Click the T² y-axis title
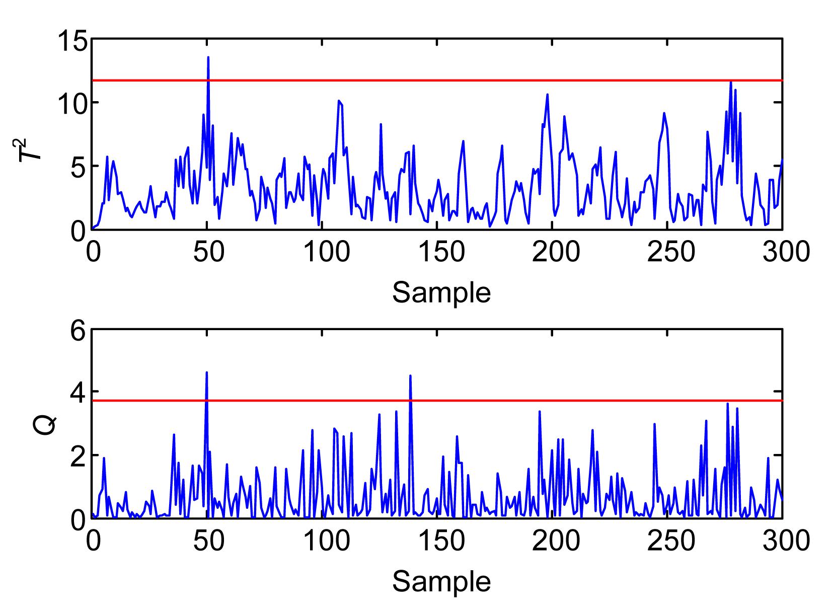pyautogui.click(x=29, y=144)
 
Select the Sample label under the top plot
pyautogui.click(x=441, y=292)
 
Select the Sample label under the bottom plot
pyautogui.click(x=441, y=582)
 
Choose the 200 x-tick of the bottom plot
pyautogui.click(x=552, y=541)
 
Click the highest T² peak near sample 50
pyautogui.click(x=208, y=58)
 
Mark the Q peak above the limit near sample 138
pyautogui.click(x=411, y=375)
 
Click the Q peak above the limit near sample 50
pyautogui.click(x=206, y=372)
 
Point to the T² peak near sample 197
pyautogui.click(x=547, y=95)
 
